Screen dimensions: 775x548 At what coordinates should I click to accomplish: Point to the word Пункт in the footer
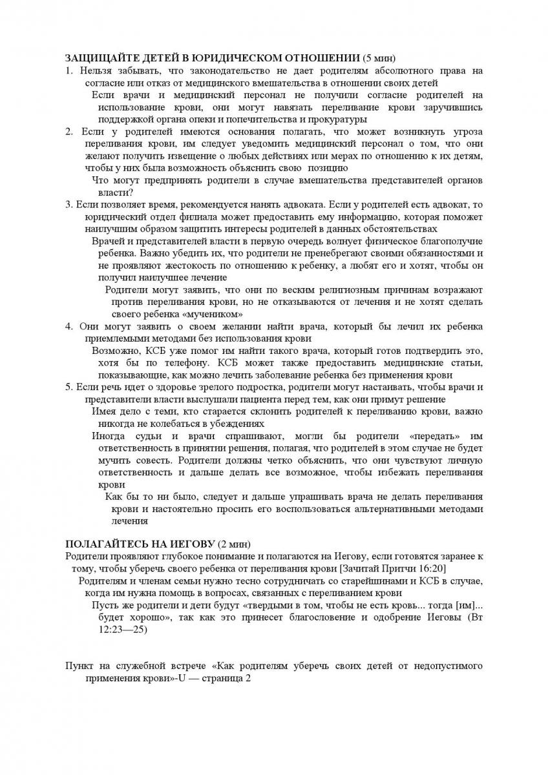pos(80,666)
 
